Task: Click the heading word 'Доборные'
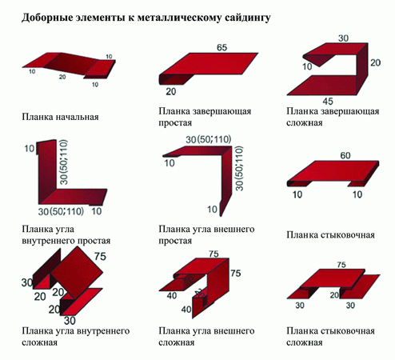point(47,18)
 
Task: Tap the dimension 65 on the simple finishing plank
point(221,47)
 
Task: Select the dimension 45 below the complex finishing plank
point(328,101)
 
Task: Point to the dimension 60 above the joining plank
point(345,155)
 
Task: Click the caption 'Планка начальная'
point(60,117)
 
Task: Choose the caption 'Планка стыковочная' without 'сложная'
point(331,234)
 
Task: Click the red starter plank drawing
point(69,66)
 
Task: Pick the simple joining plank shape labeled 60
point(333,174)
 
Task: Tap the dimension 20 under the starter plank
point(62,77)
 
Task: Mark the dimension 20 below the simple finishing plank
point(171,91)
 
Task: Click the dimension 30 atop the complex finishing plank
point(343,38)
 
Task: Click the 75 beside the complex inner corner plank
point(100,256)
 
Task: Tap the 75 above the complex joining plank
point(341,265)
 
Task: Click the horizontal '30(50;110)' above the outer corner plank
point(208,139)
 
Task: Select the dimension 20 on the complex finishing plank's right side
point(375,62)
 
